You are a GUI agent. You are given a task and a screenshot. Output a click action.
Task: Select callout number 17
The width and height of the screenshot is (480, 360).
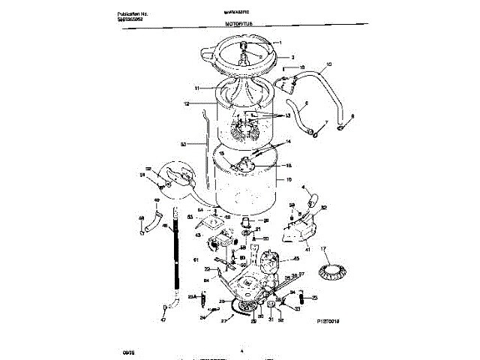[325, 248]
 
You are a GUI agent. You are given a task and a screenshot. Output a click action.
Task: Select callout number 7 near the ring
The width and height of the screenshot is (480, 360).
[325, 123]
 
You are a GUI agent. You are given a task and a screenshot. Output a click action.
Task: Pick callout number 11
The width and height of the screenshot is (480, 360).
[197, 88]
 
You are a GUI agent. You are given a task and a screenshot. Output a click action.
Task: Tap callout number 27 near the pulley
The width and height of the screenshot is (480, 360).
[223, 320]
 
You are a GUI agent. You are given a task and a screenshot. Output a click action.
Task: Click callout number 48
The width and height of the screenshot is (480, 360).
[141, 220]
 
